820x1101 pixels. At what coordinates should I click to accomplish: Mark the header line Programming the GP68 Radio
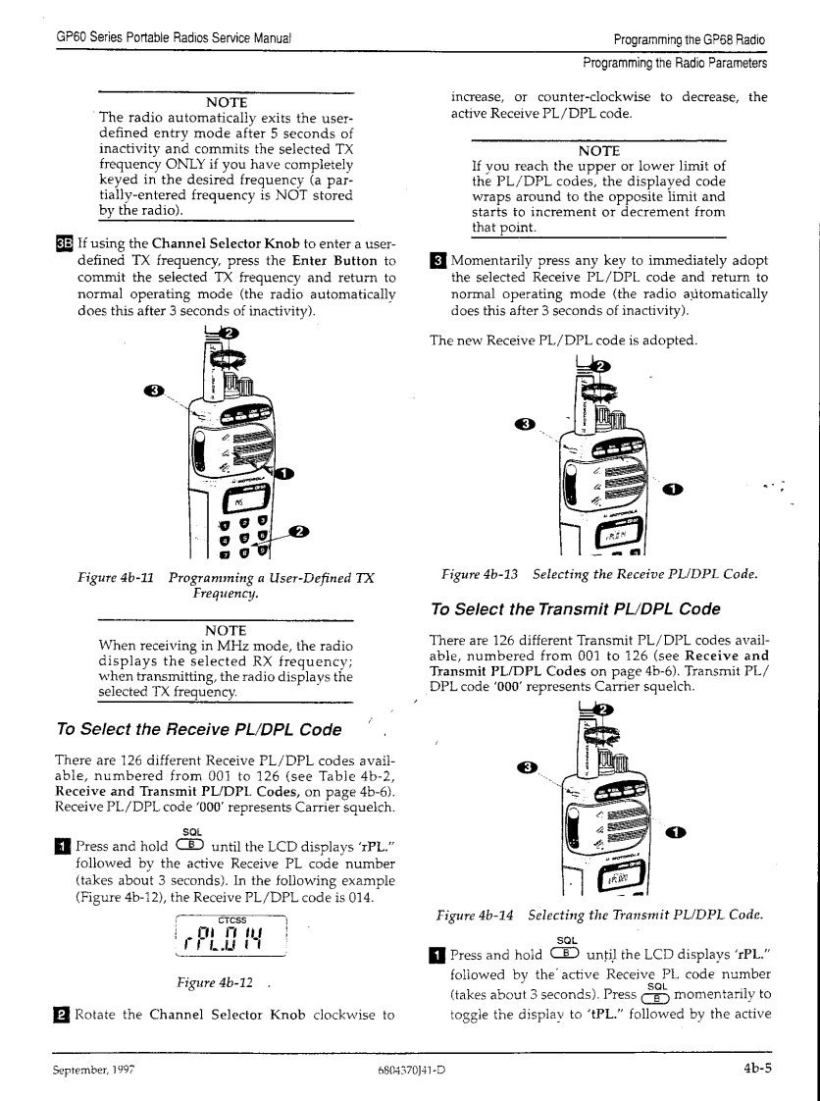pyautogui.click(x=689, y=40)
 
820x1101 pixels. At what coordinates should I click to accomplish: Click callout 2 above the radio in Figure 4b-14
pyautogui.click(x=597, y=710)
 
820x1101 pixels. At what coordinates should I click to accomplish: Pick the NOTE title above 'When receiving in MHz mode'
pyautogui.click(x=226, y=629)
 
